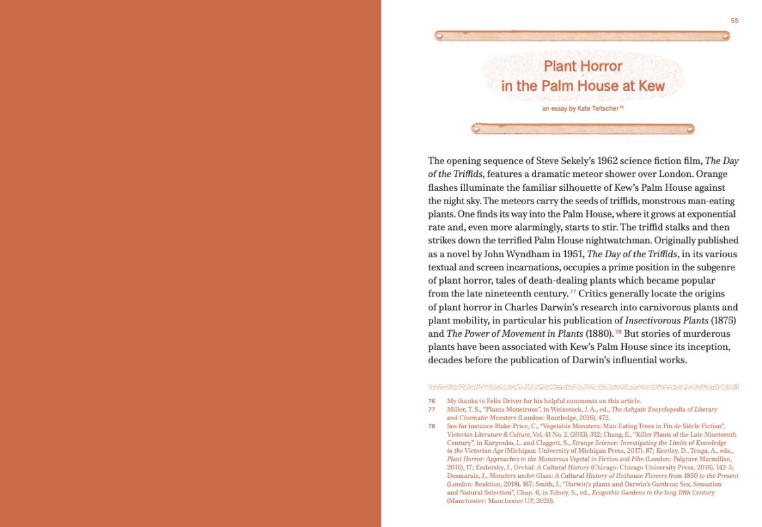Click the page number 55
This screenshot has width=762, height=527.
734,21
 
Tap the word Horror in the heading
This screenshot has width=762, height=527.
602,66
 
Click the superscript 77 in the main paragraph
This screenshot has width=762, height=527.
573,292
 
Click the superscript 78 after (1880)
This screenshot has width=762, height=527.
618,331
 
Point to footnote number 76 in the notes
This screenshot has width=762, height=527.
431,401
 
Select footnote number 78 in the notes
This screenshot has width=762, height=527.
431,426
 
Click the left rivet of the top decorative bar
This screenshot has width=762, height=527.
439,35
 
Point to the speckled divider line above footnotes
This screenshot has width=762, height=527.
583,386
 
